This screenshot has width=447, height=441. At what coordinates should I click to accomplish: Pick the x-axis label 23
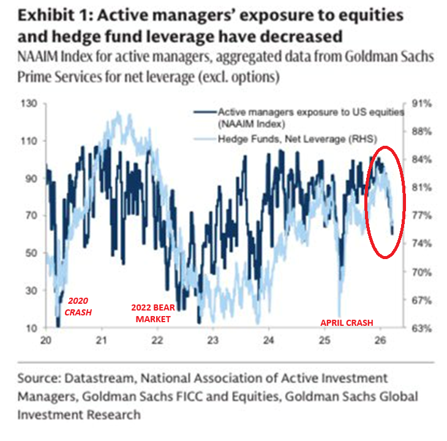pyautogui.click(x=212, y=341)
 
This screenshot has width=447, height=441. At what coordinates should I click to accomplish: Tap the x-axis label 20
pyautogui.click(x=46, y=341)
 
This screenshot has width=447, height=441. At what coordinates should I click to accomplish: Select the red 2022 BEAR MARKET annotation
pyautogui.click(x=150, y=313)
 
